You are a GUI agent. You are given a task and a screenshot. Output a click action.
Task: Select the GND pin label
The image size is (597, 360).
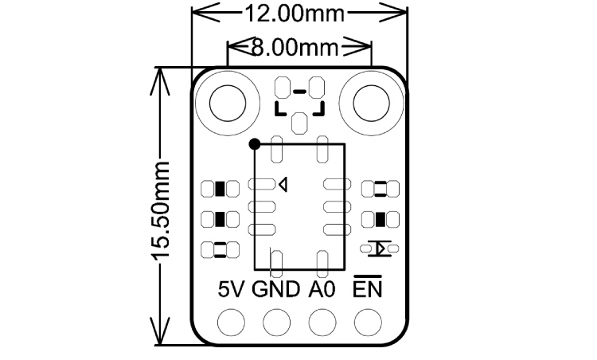click(276, 289)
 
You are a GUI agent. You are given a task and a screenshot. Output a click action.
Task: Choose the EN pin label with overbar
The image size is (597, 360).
click(368, 288)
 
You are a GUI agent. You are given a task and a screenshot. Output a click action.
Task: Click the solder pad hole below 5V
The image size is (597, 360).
click(232, 323)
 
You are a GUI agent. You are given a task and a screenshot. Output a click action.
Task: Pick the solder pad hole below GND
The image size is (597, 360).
click(277, 323)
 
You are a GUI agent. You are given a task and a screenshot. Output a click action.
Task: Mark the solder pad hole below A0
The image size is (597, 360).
click(322, 323)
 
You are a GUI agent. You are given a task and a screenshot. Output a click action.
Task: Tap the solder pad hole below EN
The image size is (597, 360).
click(368, 323)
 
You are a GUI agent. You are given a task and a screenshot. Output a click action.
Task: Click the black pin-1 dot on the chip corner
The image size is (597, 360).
click(254, 144)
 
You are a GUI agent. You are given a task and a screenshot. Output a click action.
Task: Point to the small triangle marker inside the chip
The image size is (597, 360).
click(282, 185)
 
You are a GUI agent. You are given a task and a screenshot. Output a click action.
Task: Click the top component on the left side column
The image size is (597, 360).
click(220, 189)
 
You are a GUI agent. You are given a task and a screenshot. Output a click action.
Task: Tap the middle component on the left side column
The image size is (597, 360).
click(220, 219)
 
